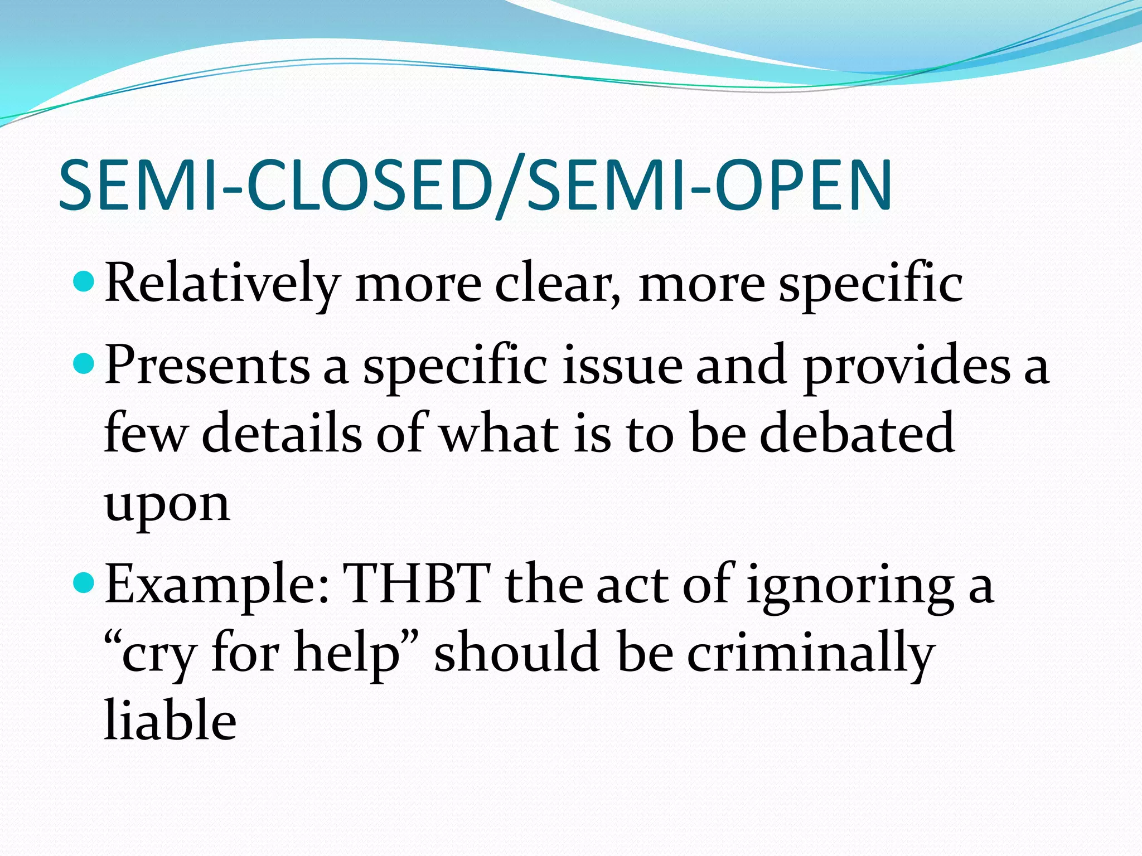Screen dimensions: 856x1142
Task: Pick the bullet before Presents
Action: [85, 364]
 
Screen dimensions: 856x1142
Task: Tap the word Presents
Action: [207, 366]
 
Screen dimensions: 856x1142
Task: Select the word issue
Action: [622, 366]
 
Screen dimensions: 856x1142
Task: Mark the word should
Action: [516, 652]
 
